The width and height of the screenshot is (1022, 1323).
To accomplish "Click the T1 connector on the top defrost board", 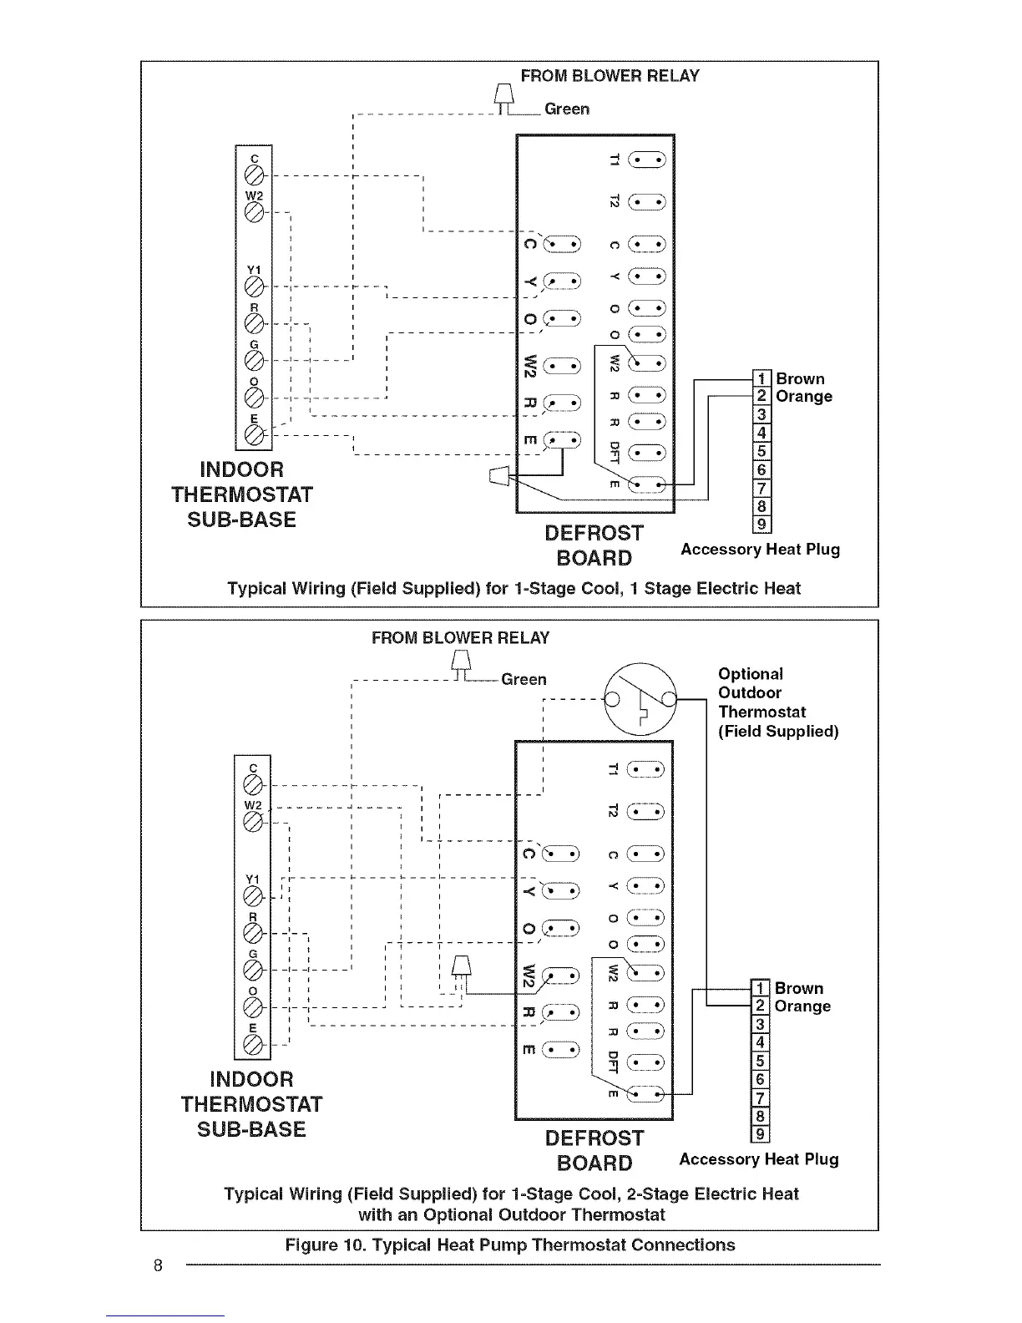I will (646, 160).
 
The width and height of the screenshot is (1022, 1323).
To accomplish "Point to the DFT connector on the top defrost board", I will (646, 453).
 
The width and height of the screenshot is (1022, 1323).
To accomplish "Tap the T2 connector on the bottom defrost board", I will (646, 811).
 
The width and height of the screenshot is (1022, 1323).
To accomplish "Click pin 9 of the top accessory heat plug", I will (761, 525).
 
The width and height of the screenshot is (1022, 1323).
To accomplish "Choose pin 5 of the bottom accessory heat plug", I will (760, 1061).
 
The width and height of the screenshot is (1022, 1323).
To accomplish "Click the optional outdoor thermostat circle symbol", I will (640, 697).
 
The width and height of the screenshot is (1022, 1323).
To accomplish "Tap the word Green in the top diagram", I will (566, 109).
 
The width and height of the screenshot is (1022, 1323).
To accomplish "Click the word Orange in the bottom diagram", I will (802, 1006).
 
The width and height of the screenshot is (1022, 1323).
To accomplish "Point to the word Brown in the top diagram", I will (800, 379).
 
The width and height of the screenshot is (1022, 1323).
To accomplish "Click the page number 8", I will (157, 1264).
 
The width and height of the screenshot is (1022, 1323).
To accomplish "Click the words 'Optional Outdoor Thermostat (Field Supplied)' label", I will (777, 702).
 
